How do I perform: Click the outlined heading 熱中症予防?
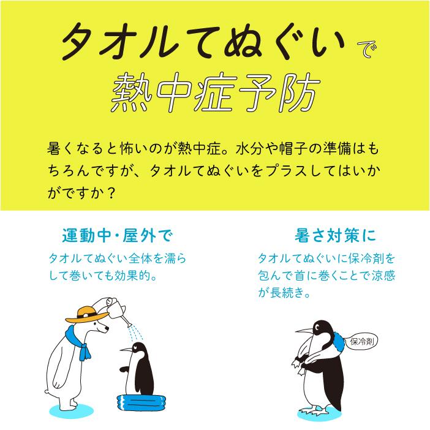[216, 92]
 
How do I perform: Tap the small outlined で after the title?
[367, 49]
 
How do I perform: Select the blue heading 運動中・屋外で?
[117, 236]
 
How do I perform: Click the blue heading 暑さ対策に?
[335, 236]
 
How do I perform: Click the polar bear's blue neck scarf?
[78, 343]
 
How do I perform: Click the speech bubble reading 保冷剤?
[361, 342]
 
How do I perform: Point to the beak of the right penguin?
[304, 331]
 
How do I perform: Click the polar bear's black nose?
[107, 328]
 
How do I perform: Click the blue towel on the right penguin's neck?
[338, 342]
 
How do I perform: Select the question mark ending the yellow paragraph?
[110, 194]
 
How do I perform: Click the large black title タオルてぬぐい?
[202, 42]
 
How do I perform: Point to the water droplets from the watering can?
[137, 333]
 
